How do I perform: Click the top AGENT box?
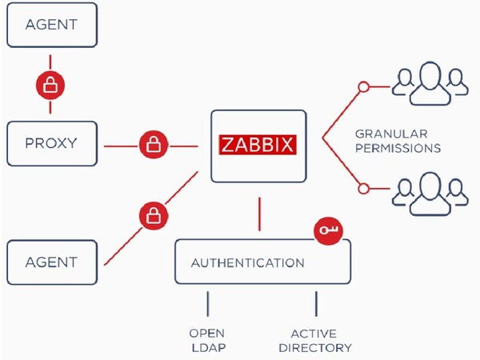coord(51,24)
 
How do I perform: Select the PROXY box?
coord(51,144)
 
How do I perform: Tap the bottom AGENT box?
coord(51,262)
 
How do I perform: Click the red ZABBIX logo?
coord(258,146)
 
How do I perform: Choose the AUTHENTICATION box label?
coord(247,262)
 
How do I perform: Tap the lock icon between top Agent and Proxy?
coord(50,84)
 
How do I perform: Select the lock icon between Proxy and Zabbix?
coord(153,145)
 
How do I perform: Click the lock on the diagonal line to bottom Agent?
coord(153,214)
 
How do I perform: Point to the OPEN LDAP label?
coord(206,340)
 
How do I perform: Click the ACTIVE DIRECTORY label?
coord(315,340)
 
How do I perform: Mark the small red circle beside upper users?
coord(363,86)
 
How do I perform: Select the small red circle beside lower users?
coord(363,189)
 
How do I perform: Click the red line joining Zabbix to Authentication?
coord(258,212)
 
